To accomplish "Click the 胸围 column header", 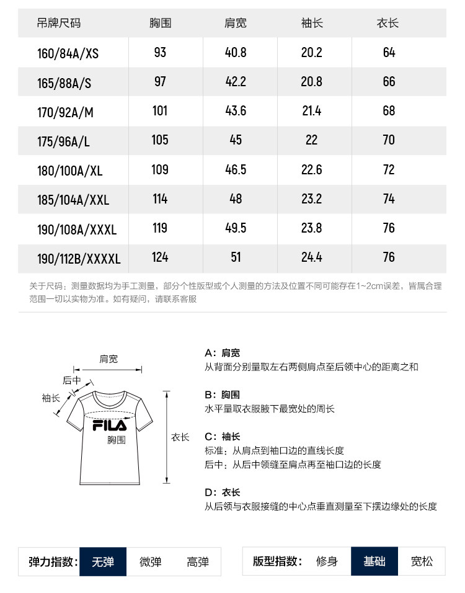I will pos(160,24).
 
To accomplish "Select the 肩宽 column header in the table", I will pos(235,24).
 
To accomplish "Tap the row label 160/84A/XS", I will pos(68,53).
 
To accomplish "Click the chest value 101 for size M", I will pos(160,111).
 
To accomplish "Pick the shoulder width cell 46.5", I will pos(236,169).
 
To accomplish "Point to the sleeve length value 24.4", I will pos(311,257).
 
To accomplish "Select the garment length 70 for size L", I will pos(388,140).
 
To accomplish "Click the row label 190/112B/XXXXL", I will pos(79,258).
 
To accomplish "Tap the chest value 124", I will pos(160,257).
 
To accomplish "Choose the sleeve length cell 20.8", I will pos(311,82).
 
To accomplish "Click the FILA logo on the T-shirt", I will pos(109,426).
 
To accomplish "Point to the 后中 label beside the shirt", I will pos(72,380).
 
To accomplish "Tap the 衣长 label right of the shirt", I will pos(180,437).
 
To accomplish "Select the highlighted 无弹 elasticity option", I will pos(102,562).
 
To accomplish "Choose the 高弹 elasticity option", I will pos(198,562).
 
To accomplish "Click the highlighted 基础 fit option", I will pos(374,562).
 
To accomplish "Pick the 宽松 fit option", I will pos(422,562).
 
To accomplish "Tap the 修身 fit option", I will pos(327,562).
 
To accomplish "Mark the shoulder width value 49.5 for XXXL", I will pos(236,228).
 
